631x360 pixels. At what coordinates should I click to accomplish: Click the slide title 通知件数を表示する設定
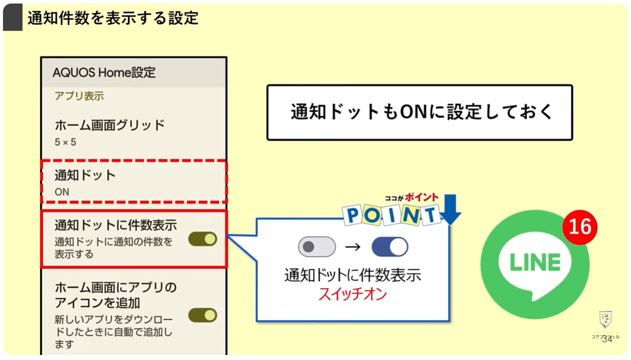tap(113, 18)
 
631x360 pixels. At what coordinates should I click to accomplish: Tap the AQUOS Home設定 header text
tap(104, 72)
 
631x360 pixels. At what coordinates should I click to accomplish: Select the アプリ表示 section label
tap(79, 96)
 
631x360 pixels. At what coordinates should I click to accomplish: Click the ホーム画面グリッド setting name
tap(109, 124)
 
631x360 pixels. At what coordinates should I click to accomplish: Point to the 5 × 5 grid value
tap(65, 142)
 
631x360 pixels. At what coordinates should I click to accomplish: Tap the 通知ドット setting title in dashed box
tap(85, 175)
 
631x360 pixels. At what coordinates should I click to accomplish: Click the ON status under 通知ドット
tap(62, 191)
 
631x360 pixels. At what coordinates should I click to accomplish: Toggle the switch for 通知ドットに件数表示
tap(202, 239)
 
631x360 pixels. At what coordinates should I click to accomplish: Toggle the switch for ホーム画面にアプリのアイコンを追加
tap(202, 315)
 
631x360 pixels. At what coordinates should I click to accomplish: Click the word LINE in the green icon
tap(534, 262)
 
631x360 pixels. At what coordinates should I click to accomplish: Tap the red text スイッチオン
tap(353, 294)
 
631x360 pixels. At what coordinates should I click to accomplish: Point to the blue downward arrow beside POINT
tap(451, 210)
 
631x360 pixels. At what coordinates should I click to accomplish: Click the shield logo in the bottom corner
tap(605, 318)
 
